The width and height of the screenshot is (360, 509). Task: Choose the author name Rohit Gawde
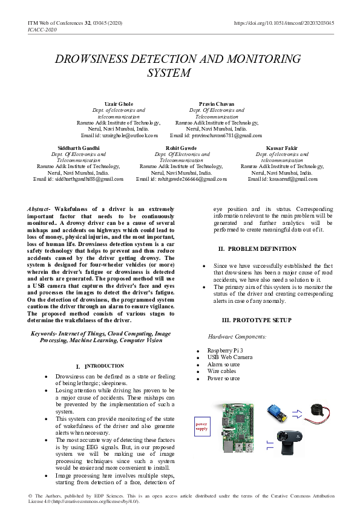click(181, 148)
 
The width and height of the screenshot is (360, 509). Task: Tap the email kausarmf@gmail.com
click(290, 179)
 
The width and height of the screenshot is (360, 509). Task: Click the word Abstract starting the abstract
click(39, 209)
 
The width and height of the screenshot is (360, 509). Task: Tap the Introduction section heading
click(100, 366)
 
